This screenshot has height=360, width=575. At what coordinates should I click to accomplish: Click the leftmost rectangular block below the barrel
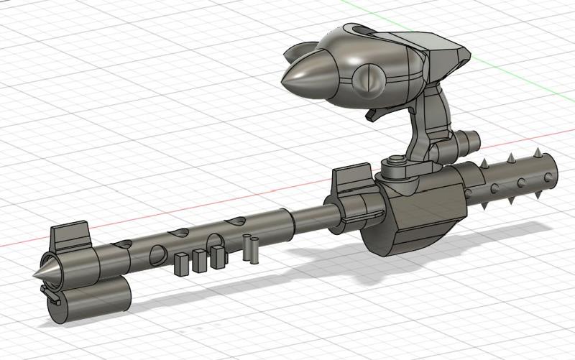pos(182,263)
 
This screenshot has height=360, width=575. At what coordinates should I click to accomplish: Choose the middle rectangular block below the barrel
pos(200,259)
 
